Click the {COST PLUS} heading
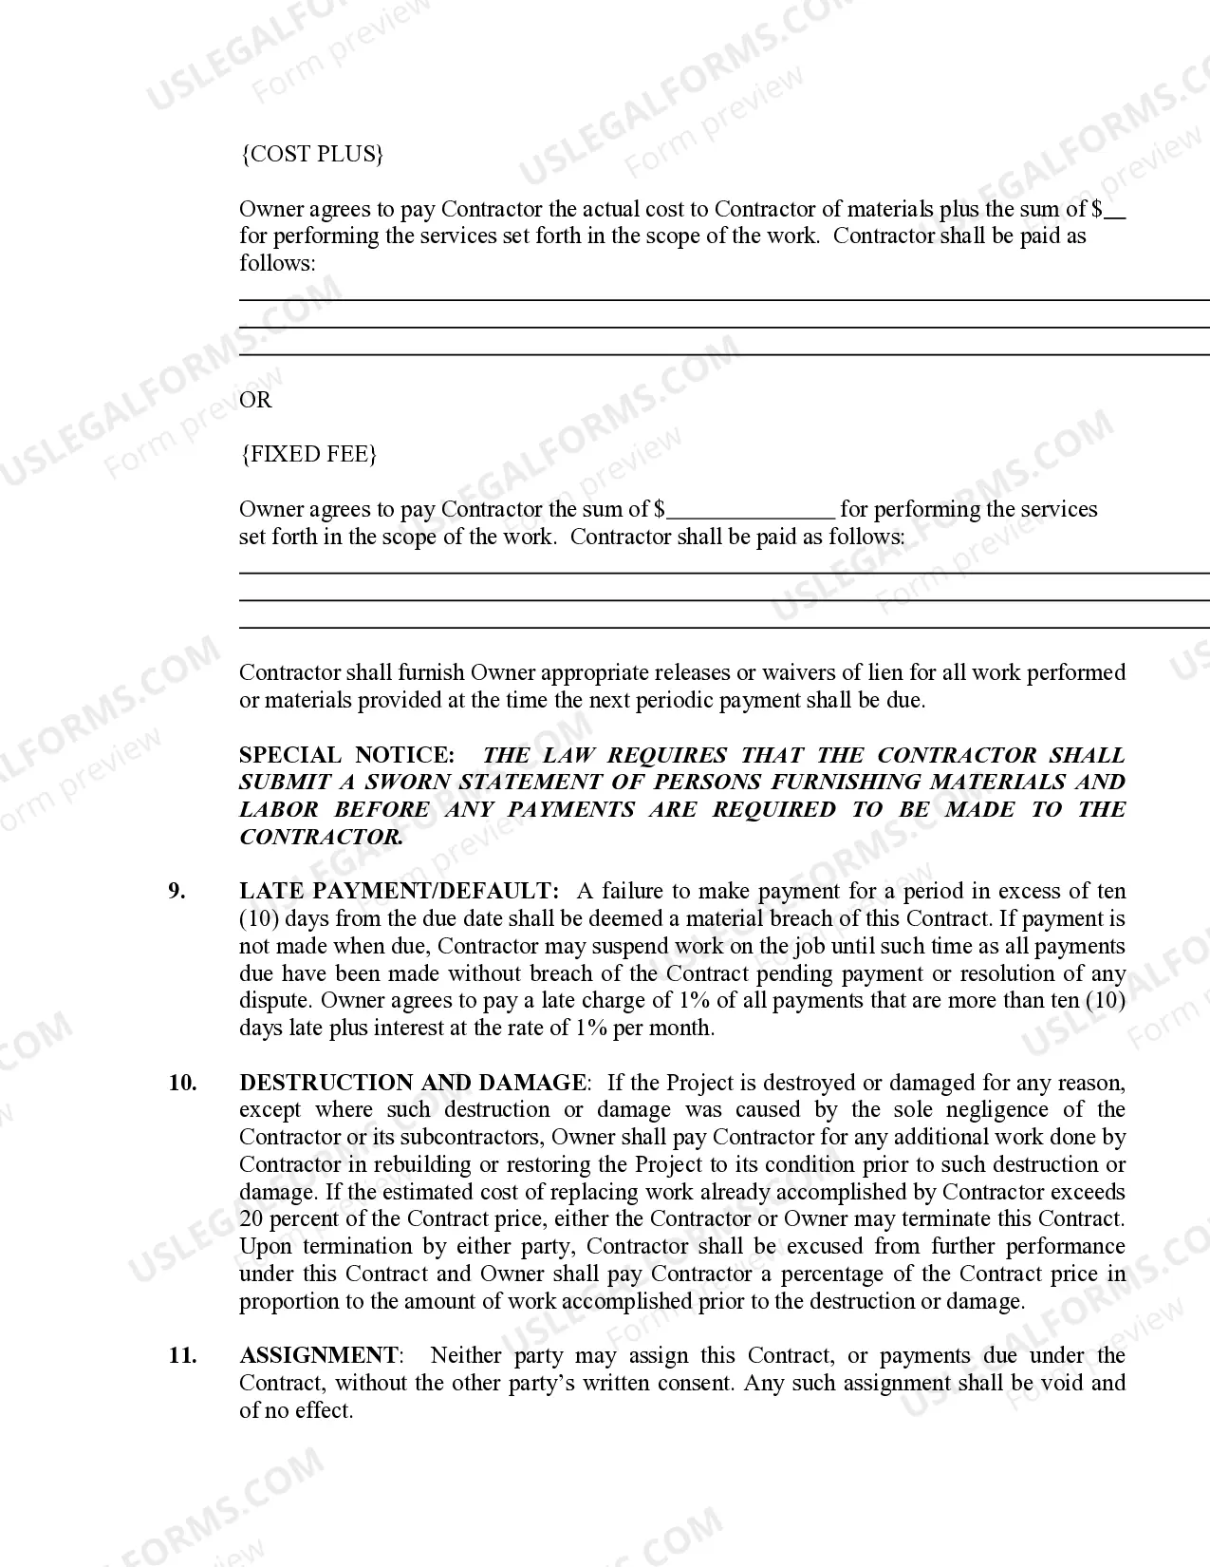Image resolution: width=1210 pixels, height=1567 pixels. click(x=312, y=155)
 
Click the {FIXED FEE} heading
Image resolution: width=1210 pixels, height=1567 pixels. click(x=308, y=454)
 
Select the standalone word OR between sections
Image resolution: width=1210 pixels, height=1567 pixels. click(x=255, y=400)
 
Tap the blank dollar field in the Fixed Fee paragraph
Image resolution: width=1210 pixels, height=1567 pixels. click(x=751, y=511)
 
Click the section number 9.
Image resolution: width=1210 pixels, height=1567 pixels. click(x=177, y=891)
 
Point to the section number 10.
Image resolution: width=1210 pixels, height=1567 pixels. click(x=182, y=1083)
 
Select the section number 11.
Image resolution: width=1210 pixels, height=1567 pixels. click(x=182, y=1355)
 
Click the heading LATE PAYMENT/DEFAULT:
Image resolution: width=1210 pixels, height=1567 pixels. click(x=400, y=891)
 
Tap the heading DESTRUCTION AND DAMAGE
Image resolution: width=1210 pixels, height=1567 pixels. click(x=413, y=1083)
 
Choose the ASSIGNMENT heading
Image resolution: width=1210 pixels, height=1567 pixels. click(x=319, y=1355)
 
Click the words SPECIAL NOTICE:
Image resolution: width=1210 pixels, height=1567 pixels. click(x=346, y=755)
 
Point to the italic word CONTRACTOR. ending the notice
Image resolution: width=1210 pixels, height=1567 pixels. click(x=321, y=837)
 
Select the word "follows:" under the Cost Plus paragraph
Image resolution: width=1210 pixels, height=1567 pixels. click(x=277, y=263)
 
